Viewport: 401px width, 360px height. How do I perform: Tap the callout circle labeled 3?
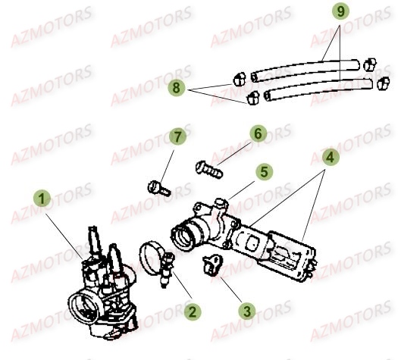coord(246,311)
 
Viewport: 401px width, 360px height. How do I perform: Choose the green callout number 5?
coord(262,172)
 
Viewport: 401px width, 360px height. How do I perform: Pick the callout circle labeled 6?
coord(258,134)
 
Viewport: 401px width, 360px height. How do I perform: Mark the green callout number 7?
coord(177,137)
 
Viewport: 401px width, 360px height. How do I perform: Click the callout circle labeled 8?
coord(178,89)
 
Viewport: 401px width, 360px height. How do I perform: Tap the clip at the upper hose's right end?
coord(371,63)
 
